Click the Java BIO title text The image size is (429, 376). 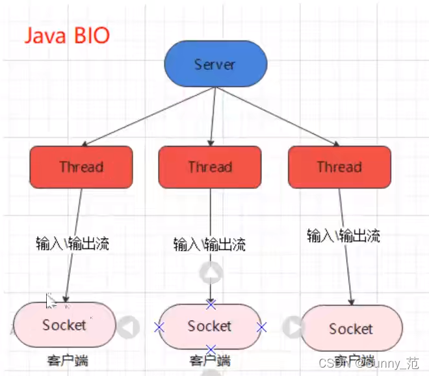(67, 34)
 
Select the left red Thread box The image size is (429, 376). (81, 167)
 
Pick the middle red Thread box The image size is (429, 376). (210, 167)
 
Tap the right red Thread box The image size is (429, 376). (339, 167)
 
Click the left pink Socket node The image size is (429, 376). (64, 324)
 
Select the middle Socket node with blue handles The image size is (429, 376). (209, 326)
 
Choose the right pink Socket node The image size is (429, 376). (351, 329)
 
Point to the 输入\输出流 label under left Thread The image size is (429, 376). (73, 244)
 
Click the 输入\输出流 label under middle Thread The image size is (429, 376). (209, 245)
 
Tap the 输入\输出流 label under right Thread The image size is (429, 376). (343, 235)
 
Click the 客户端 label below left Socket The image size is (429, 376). (67, 360)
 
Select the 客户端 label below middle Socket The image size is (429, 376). (210, 360)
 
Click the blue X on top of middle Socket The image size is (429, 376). (211, 304)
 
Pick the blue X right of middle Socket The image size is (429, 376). (261, 327)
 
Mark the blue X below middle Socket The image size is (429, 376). (211, 349)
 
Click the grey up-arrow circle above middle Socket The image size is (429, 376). (213, 273)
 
